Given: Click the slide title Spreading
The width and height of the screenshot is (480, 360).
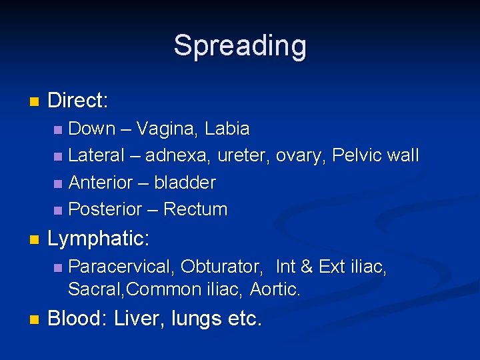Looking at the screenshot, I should pyautogui.click(x=240, y=46).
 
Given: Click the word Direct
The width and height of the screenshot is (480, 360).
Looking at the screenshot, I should pyautogui.click(x=77, y=101).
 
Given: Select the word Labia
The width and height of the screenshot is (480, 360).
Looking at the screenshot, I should pyautogui.click(x=227, y=128).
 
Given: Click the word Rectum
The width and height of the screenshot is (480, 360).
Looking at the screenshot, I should pyautogui.click(x=195, y=209).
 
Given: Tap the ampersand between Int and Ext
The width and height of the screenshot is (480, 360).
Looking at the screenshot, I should pyautogui.click(x=307, y=267).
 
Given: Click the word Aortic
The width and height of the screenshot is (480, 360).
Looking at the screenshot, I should pyautogui.click(x=275, y=289).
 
